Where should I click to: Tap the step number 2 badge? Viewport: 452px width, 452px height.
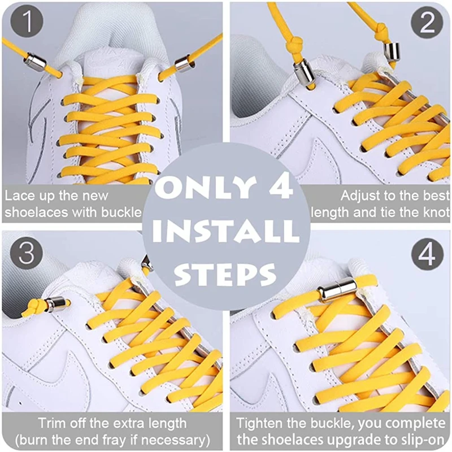click(x=427, y=23)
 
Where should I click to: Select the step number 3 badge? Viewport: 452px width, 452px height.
click(x=27, y=253)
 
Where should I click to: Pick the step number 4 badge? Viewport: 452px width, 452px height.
click(x=427, y=254)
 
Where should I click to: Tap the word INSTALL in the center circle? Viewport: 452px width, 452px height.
click(x=226, y=231)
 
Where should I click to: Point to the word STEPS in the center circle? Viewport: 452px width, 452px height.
click(x=225, y=273)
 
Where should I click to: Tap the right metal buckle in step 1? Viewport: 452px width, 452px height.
click(x=184, y=63)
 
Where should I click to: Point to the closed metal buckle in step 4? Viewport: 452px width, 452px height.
click(x=337, y=289)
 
